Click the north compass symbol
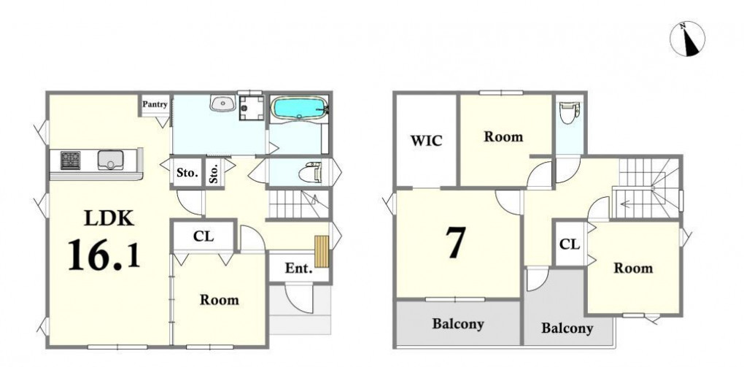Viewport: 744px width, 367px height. point(687,39)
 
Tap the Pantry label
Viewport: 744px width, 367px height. point(155,104)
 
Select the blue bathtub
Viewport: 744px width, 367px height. point(299,108)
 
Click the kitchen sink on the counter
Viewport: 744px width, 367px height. point(111,160)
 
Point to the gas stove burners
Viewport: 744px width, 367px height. point(70,160)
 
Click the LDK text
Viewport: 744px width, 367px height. point(109,218)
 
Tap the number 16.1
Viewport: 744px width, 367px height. point(104,255)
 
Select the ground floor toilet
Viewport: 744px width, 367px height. point(310,172)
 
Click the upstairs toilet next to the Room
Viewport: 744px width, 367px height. point(570,112)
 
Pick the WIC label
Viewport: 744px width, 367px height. point(426,141)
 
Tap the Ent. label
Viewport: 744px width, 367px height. point(299,269)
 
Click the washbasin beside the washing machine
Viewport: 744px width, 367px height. point(223,103)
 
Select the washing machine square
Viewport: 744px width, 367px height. point(251,108)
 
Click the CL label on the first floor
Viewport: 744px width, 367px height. point(203,236)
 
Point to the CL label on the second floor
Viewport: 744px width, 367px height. point(570,244)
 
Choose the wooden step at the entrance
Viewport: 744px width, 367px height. point(322,251)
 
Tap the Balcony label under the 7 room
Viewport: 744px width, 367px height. point(458,324)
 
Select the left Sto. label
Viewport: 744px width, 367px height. point(187,173)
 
